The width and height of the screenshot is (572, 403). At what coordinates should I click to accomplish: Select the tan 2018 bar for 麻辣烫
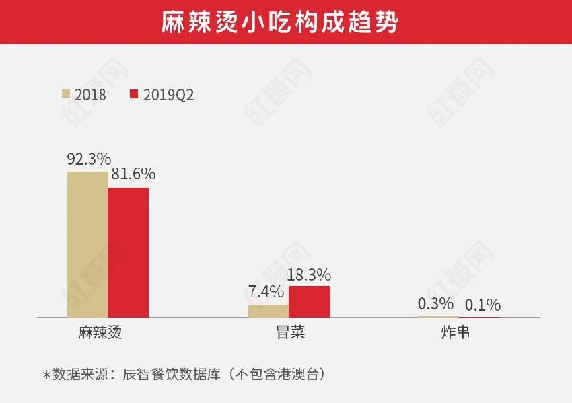[87, 244]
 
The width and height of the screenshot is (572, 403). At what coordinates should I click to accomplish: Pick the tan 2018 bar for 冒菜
[269, 311]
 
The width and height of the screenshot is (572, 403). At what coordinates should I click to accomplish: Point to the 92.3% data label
[88, 159]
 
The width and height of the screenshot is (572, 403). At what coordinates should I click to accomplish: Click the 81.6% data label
[133, 174]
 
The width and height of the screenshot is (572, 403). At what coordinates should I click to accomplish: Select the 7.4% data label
[266, 293]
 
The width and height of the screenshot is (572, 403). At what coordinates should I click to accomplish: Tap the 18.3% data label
[309, 274]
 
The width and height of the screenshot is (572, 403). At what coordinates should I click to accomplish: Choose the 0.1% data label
[481, 306]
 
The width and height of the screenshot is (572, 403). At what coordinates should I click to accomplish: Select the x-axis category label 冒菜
[289, 333]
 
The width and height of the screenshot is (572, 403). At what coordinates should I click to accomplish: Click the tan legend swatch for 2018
[66, 94]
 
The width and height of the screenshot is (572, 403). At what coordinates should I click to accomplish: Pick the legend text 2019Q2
[168, 95]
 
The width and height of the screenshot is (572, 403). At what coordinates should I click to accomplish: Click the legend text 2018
[90, 95]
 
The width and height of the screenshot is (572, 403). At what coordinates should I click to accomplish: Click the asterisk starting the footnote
[46, 374]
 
